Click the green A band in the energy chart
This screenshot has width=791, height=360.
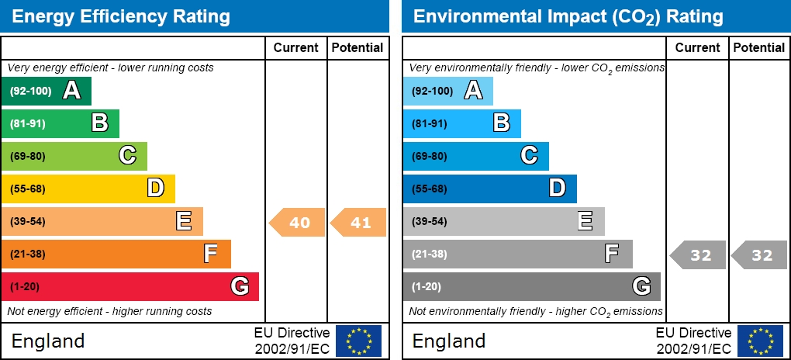tap(47, 91)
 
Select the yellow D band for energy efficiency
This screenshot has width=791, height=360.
tap(88, 189)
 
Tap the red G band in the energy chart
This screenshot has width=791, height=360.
tap(130, 286)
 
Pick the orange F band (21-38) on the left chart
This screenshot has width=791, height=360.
tap(116, 254)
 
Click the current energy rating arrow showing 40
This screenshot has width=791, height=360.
tap(297, 223)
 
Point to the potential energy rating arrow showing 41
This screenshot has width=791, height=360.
tap(359, 223)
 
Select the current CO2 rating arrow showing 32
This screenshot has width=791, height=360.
tap(698, 255)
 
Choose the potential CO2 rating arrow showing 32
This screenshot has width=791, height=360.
tap(760, 255)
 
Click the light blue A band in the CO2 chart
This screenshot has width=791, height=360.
tap(447, 91)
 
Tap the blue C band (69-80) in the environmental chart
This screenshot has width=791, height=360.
tap(475, 156)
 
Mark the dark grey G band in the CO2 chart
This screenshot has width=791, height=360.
tap(531, 286)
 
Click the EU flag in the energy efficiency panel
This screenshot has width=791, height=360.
tap(358, 341)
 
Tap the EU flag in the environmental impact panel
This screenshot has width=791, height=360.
tap(760, 341)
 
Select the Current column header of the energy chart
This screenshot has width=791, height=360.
tap(296, 47)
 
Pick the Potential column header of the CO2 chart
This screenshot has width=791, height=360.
tap(759, 47)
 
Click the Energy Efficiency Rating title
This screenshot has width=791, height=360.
tap(121, 16)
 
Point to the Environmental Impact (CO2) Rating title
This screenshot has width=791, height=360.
tap(568, 16)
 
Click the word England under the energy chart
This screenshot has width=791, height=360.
tap(48, 341)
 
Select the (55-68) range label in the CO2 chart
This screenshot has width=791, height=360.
tap(429, 189)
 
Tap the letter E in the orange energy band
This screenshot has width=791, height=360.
tap(184, 221)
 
